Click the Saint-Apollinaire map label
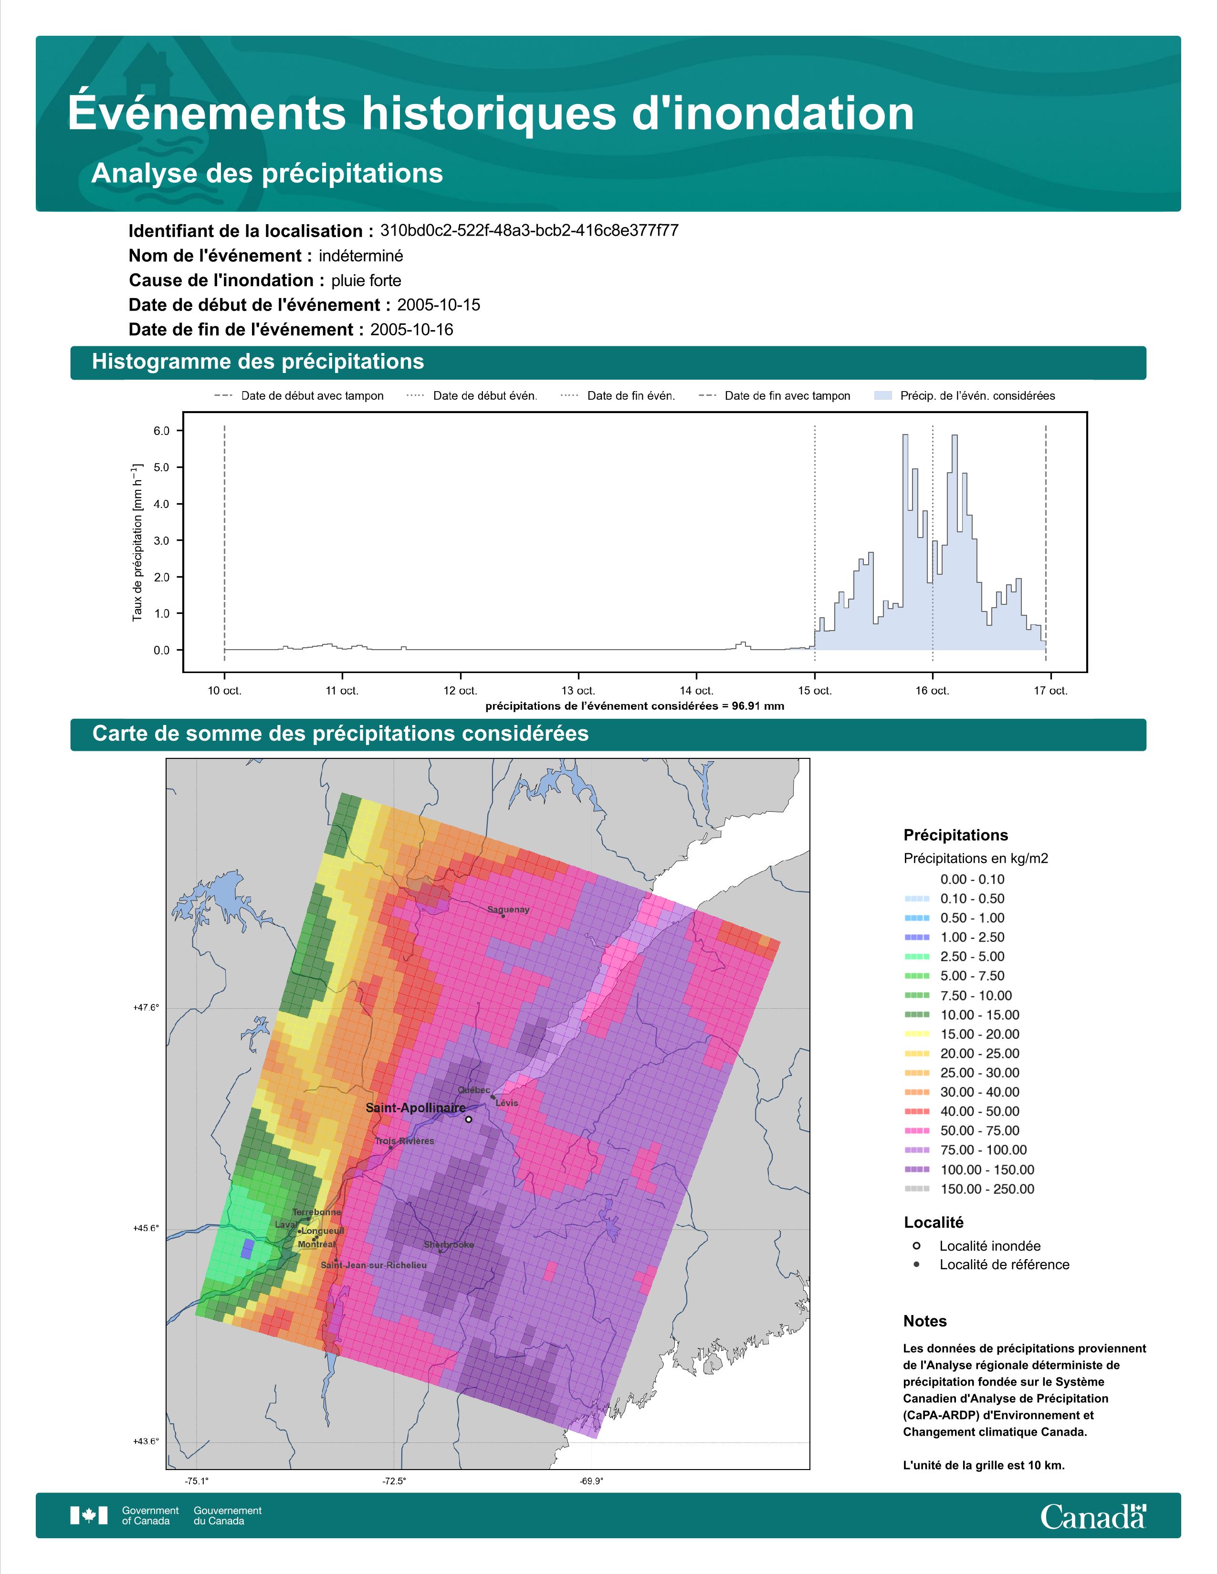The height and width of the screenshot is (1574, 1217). [x=415, y=1108]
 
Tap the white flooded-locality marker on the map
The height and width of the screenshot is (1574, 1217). [x=469, y=1119]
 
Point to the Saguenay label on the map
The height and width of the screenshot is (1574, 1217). [x=508, y=910]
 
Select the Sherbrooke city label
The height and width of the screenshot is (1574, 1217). [x=449, y=1244]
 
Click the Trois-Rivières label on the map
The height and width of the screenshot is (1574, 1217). [x=404, y=1141]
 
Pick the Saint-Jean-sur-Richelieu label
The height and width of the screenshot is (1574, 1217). [x=374, y=1265]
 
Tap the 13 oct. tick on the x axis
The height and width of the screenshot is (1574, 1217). [x=578, y=691]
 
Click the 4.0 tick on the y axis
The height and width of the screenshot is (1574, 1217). [x=161, y=504]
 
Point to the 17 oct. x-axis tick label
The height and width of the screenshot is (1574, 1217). [x=1050, y=691]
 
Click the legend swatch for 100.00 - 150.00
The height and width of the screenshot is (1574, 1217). [x=916, y=1170]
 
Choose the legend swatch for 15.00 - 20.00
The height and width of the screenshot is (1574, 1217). [x=916, y=1034]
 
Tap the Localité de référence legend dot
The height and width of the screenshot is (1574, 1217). [x=916, y=1264]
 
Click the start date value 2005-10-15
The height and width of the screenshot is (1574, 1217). [x=438, y=305]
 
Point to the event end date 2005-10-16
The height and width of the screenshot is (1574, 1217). [x=412, y=330]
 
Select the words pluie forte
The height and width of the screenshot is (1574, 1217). [x=366, y=280]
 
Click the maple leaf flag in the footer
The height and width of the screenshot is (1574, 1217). [x=89, y=1516]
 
